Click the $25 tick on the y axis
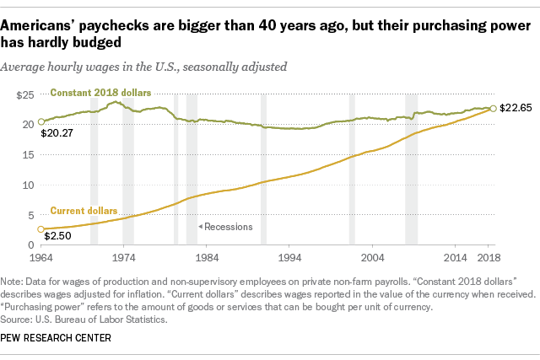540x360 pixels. click(24, 94)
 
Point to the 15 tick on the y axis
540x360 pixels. click(27, 154)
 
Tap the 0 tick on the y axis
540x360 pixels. click(30, 245)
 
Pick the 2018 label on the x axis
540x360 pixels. click(489, 256)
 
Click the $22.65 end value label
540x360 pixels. click(516, 108)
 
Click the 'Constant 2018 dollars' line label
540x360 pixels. click(100, 91)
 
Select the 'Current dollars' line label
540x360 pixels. click(84, 210)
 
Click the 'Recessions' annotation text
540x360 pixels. click(222, 226)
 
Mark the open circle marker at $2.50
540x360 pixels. click(39, 229)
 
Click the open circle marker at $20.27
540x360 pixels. click(39, 122)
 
